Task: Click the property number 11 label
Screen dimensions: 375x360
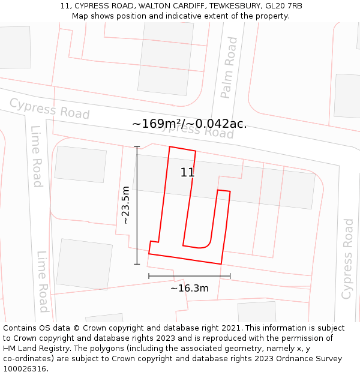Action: pyautogui.click(x=187, y=173)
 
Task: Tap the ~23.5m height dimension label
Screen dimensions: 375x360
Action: pyautogui.click(x=125, y=205)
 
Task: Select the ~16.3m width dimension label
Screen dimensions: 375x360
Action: pyautogui.click(x=190, y=289)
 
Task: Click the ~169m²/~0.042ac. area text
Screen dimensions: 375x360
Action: pyautogui.click(x=189, y=124)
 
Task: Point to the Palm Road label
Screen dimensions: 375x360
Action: pyautogui.click(x=229, y=67)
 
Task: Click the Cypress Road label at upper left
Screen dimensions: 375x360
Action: pyautogui.click(x=49, y=109)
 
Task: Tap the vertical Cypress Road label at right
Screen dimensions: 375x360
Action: pyautogui.click(x=347, y=259)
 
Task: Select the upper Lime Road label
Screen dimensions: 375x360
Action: pyautogui.click(x=37, y=156)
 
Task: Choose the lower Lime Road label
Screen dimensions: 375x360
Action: pyautogui.click(x=43, y=281)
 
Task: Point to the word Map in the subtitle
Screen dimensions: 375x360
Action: pyautogui.click(x=80, y=16)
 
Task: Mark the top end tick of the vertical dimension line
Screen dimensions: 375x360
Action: pyautogui.click(x=137, y=146)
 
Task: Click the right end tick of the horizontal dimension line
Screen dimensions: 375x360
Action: pyautogui.click(x=230, y=276)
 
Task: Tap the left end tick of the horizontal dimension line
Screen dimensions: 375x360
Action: pyautogui.click(x=149, y=276)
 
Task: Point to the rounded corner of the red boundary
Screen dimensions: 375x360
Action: pyautogui.click(x=207, y=244)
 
